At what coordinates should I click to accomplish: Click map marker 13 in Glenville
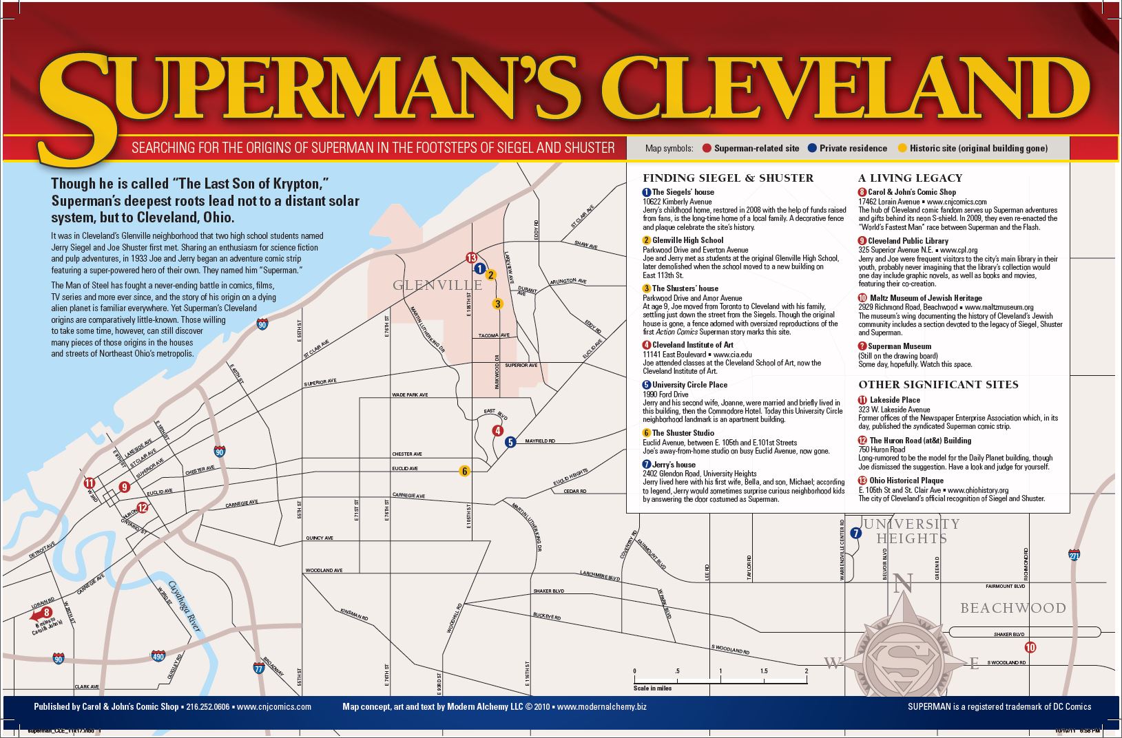point(472,258)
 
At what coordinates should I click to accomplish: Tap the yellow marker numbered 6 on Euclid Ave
point(465,471)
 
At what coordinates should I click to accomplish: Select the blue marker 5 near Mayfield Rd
point(510,442)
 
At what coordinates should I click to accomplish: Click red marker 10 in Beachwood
point(1030,647)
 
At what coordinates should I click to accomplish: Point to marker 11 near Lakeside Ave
point(89,482)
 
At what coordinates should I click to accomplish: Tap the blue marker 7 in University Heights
point(855,533)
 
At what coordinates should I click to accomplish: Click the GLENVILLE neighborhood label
point(428,285)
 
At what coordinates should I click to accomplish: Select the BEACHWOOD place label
point(1012,608)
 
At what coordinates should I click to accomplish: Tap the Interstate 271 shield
point(1074,555)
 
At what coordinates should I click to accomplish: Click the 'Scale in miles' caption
point(652,688)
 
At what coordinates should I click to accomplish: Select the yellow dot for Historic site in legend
point(902,148)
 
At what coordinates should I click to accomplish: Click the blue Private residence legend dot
point(812,148)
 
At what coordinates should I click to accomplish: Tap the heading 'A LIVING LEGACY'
point(910,178)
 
